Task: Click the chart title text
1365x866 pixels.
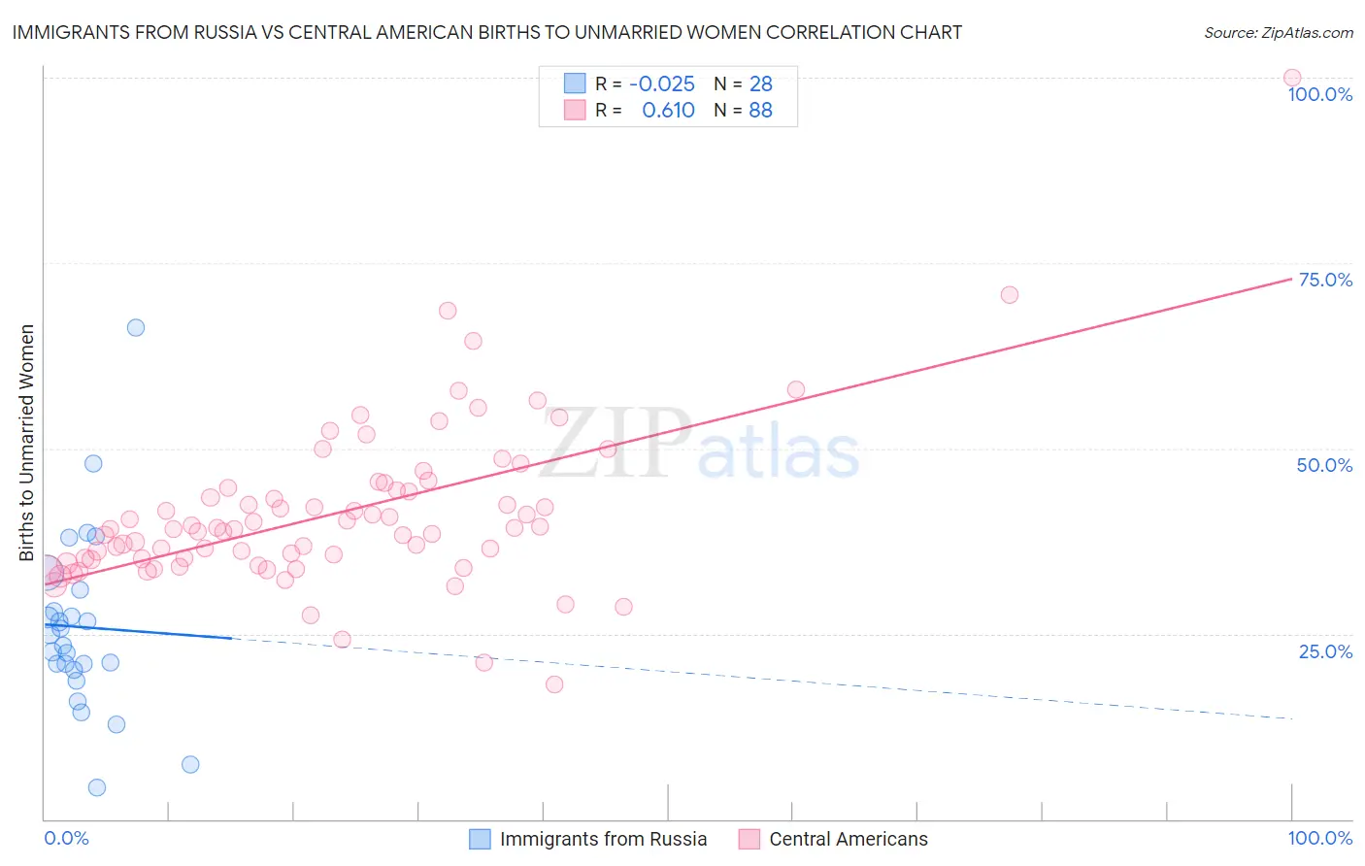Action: point(486,32)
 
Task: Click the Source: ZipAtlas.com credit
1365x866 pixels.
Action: point(1278,32)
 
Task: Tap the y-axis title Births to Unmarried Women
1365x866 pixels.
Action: point(26,443)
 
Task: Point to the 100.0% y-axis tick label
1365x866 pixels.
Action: point(1319,94)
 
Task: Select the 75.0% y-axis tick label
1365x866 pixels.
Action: point(1325,280)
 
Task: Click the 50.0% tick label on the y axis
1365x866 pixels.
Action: point(1324,465)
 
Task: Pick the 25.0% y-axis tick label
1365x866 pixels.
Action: point(1325,650)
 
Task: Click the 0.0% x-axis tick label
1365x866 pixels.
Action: point(66,838)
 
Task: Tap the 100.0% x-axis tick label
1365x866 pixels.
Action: point(1319,838)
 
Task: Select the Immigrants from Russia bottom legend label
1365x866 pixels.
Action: point(603,839)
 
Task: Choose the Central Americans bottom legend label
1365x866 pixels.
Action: point(848,839)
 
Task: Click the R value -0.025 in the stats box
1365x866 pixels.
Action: point(662,83)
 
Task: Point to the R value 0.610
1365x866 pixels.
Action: point(668,110)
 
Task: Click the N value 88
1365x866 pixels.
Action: point(760,110)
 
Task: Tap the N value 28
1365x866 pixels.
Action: point(760,83)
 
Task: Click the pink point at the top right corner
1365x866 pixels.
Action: point(1291,78)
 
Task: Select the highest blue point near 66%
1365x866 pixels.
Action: point(136,327)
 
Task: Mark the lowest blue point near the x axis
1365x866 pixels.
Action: point(97,787)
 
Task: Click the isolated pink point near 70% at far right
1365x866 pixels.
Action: point(1009,294)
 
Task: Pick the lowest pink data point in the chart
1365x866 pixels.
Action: point(554,684)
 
